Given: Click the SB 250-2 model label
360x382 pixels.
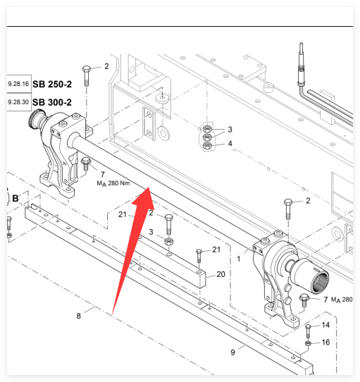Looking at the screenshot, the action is click(52, 85).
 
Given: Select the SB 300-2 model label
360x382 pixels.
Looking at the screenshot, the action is click(52, 102).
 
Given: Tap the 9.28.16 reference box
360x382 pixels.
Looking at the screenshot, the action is click(19, 84).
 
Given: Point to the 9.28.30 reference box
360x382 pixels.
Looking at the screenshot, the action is click(19, 102).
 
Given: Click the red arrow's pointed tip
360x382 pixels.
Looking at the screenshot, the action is click(149, 187).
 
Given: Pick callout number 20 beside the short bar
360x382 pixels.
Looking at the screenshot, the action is click(221, 274).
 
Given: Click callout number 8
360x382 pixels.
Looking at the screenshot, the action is click(78, 316).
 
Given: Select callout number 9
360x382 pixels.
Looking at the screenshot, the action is click(232, 352).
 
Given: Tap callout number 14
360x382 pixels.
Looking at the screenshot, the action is click(325, 325).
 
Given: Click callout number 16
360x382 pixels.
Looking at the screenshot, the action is click(325, 343).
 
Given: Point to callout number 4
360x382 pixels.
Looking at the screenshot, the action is click(230, 144).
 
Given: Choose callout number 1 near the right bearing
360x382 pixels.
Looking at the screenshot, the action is click(238, 259).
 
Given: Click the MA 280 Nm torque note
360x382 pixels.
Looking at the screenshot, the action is click(113, 183).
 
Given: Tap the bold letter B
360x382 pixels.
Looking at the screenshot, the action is click(15, 199).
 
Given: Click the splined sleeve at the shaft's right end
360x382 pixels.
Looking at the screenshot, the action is click(311, 276).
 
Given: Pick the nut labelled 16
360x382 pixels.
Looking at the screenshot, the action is click(308, 343).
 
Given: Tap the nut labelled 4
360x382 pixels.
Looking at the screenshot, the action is click(207, 146).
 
